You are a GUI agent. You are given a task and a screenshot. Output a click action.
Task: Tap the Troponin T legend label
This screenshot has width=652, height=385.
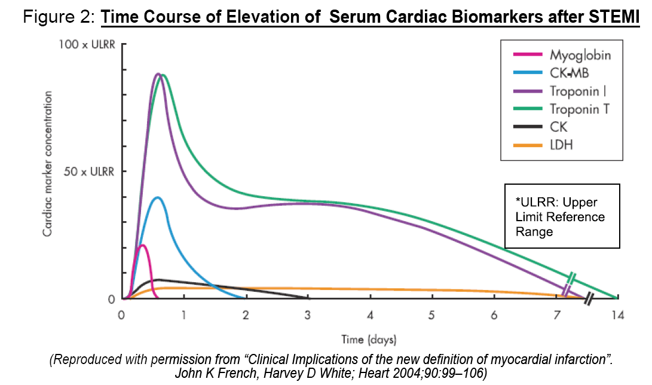pos(580,109)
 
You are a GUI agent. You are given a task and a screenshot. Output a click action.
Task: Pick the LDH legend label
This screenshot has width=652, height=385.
pos(562,144)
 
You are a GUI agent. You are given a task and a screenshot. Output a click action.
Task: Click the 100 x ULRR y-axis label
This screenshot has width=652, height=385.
pos(85,45)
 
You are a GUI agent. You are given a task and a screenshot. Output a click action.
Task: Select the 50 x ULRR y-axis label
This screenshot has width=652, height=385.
pos(87,172)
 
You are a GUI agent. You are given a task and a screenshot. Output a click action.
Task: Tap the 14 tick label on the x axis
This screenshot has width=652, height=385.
pos(617,315)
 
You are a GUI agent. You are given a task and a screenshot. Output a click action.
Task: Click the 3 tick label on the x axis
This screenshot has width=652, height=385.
pos(308,315)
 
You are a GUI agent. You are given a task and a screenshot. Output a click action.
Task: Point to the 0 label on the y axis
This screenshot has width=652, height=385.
pos(111,299)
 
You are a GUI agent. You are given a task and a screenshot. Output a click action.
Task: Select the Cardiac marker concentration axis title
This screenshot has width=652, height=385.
pos(47,163)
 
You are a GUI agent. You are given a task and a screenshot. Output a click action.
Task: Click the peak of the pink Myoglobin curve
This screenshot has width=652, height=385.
pos(142,245)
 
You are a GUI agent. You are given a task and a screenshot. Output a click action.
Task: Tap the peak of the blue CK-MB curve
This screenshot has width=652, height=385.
pos(157,197)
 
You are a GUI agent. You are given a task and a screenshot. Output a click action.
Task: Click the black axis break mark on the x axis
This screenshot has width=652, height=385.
pos(589,298)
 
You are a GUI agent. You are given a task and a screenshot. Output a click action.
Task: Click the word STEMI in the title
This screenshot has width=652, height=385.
pos(614,17)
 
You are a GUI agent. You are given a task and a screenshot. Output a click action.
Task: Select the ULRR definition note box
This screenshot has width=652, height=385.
pos(562,216)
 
